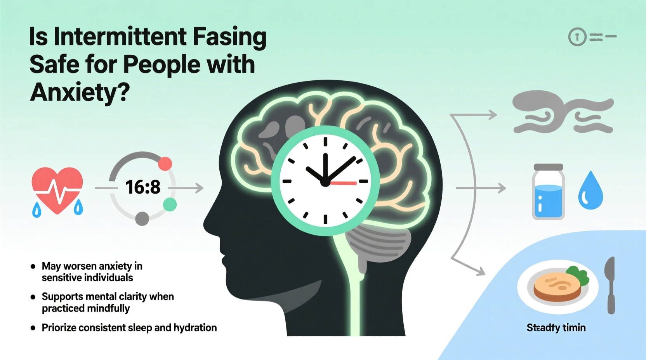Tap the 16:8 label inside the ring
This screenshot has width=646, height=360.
(x=143, y=187)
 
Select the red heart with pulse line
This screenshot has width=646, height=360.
(x=57, y=189)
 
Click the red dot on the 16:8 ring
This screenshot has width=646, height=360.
(x=165, y=164)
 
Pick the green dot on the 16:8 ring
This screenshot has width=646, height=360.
(x=170, y=204)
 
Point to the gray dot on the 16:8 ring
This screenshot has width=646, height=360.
(x=142, y=219)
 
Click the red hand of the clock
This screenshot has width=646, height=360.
(x=344, y=183)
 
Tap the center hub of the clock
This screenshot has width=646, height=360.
(x=325, y=182)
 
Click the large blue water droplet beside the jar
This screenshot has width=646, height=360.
(x=590, y=191)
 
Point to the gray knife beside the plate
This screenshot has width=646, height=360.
(x=611, y=285)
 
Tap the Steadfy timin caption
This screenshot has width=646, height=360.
(x=556, y=328)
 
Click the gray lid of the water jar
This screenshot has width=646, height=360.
(x=548, y=167)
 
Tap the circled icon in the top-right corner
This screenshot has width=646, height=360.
(x=577, y=37)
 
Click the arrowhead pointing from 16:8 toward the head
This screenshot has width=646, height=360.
(x=200, y=188)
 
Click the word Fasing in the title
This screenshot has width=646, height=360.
(x=229, y=37)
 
